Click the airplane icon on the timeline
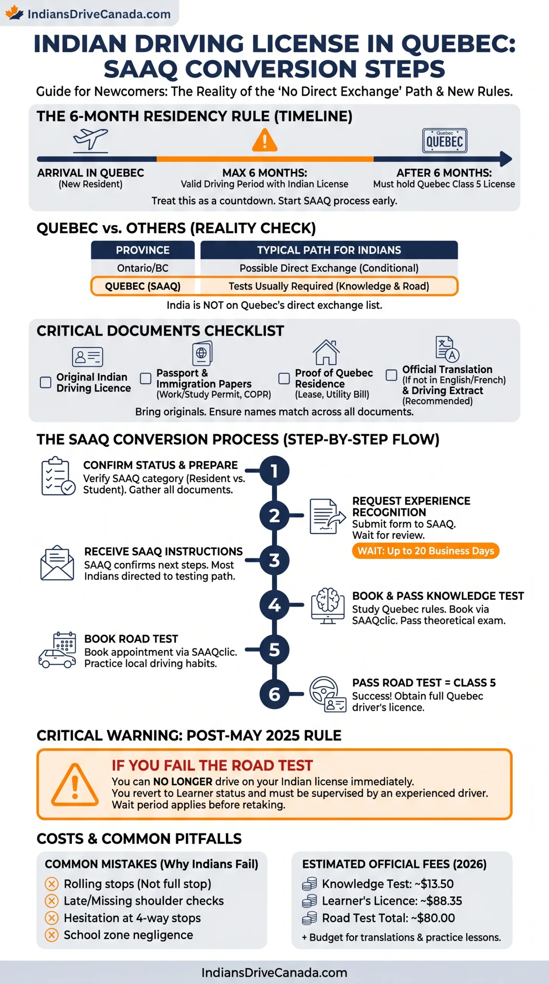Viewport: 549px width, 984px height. pyautogui.click(x=91, y=140)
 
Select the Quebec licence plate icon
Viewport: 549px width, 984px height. pyautogui.click(x=445, y=141)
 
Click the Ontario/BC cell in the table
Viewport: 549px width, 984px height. pyautogui.click(x=143, y=268)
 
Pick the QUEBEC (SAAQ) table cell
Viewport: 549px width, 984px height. pyautogui.click(x=143, y=286)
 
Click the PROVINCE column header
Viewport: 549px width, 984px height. pyautogui.click(x=143, y=250)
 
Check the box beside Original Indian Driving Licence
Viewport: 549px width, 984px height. pyautogui.click(x=46, y=382)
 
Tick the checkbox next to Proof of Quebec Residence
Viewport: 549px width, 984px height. pyautogui.click(x=284, y=378)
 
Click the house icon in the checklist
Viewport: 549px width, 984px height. pyautogui.click(x=326, y=352)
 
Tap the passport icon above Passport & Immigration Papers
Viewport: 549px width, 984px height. pyautogui.click(x=202, y=353)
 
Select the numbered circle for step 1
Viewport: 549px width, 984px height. pyautogui.click(x=274, y=471)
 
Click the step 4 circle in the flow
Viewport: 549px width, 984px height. pyautogui.click(x=274, y=605)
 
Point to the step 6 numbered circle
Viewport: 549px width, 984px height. pyautogui.click(x=274, y=694)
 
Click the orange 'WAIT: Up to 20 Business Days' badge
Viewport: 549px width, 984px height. pyautogui.click(x=426, y=551)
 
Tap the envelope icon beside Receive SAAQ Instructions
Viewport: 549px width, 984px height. pyautogui.click(x=57, y=563)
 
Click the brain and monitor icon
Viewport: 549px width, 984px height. pyautogui.click(x=328, y=606)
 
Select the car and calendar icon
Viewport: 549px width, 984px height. pyautogui.click(x=57, y=650)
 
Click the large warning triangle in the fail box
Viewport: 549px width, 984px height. pyautogui.click(x=75, y=784)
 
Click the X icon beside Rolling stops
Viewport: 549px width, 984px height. pyautogui.click(x=51, y=884)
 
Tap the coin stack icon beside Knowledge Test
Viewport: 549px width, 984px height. pyautogui.click(x=309, y=884)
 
